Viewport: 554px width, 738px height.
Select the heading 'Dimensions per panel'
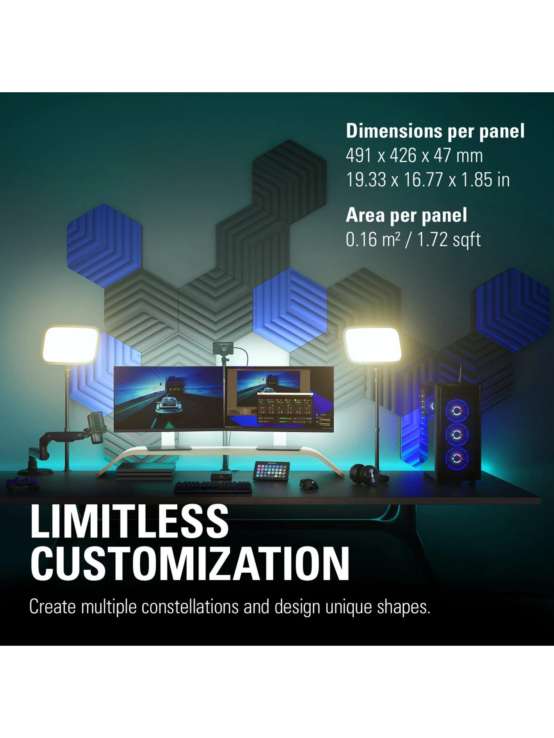(x=435, y=131)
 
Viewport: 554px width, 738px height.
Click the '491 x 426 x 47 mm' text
(x=414, y=155)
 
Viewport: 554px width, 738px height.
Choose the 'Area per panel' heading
(x=406, y=215)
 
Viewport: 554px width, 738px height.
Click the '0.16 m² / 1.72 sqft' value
(x=413, y=240)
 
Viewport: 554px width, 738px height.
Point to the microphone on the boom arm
(x=97, y=427)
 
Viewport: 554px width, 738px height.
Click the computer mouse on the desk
(x=306, y=483)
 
